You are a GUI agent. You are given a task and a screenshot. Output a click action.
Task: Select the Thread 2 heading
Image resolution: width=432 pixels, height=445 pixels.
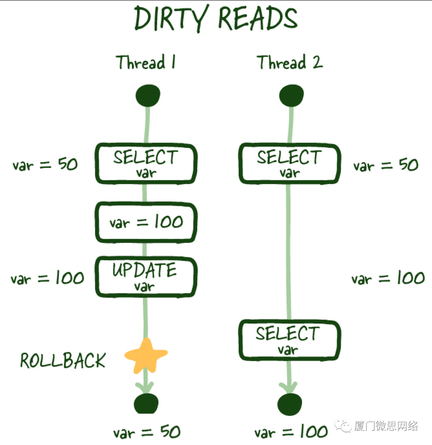290,63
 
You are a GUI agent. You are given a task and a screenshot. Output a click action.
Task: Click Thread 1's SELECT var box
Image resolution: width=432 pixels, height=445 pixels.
146,164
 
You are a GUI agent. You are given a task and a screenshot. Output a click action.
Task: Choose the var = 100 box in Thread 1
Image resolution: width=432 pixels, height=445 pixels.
146,222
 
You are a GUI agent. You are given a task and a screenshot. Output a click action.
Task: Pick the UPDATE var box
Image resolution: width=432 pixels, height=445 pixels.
146,277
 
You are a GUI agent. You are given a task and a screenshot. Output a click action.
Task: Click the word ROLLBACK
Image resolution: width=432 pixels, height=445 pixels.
63,361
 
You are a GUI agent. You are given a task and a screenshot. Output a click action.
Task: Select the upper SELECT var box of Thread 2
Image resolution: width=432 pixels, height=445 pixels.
290,164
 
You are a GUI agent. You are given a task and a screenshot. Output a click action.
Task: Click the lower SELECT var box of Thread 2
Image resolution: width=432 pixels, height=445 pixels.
290,340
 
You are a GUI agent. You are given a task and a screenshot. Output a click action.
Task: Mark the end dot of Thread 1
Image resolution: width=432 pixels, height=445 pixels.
146,404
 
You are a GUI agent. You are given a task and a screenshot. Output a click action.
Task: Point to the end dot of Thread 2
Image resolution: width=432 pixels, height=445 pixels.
290,404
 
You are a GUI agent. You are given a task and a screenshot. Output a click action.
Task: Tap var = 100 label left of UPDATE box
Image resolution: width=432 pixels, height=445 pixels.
47,278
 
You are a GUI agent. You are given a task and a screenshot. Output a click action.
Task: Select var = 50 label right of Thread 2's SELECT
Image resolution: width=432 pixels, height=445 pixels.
386,165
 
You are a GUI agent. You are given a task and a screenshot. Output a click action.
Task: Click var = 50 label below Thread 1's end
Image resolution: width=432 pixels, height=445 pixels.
147,432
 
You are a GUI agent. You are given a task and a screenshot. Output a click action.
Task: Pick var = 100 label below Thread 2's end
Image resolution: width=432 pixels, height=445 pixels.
291,432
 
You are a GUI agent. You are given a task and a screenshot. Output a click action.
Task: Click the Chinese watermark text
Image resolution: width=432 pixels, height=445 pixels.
386,426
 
